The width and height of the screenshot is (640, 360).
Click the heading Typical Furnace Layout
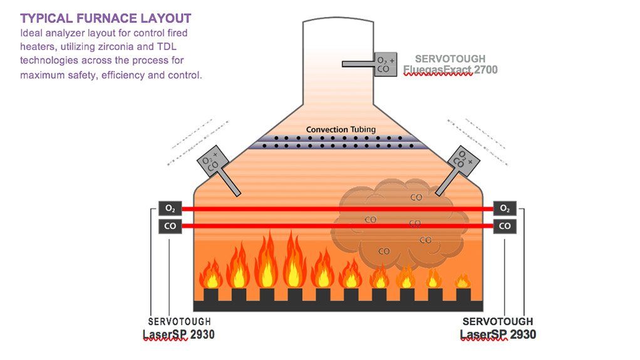[x=106, y=18]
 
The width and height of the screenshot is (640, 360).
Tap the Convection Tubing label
[x=341, y=130]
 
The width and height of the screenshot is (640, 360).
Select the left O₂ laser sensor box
[x=170, y=208]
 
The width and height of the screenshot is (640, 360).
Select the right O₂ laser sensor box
[x=505, y=208]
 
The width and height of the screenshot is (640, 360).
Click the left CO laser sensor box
[x=170, y=226]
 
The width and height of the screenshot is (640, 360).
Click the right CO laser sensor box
[x=505, y=226]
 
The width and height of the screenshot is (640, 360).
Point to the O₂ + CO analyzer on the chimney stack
[x=385, y=64]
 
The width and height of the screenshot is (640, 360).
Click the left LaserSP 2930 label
[x=178, y=334]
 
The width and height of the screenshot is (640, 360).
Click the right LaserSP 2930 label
[x=498, y=334]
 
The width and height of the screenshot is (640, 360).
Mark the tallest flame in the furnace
[x=293, y=260]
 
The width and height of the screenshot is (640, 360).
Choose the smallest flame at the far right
[x=463, y=281]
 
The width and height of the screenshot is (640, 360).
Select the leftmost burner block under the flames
[x=210, y=294]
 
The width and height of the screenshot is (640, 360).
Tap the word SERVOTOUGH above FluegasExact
[x=450, y=59]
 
